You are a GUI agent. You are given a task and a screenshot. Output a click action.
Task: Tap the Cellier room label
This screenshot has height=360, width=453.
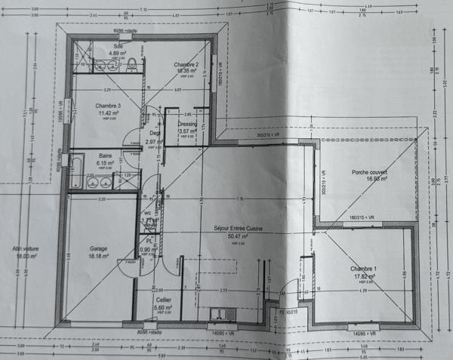click(162, 300)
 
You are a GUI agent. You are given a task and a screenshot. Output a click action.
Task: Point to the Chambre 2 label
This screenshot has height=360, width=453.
click(186, 65)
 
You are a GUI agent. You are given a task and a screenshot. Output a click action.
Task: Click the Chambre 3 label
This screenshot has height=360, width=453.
click(108, 106)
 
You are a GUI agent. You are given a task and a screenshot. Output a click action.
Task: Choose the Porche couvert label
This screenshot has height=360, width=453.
click(369, 172)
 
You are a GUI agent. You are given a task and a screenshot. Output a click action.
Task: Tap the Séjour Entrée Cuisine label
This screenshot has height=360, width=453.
click(237, 227)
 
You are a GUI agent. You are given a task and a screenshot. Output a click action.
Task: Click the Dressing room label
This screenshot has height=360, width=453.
click(188, 123)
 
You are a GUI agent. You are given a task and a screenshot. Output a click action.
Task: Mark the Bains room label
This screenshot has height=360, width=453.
click(104, 155)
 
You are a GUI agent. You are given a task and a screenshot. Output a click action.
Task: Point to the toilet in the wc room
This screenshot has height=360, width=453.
click(157, 204)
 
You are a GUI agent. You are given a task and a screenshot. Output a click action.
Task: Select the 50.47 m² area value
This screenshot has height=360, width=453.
click(237, 235)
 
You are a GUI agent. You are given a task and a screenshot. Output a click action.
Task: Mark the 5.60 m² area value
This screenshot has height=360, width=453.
click(162, 308)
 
